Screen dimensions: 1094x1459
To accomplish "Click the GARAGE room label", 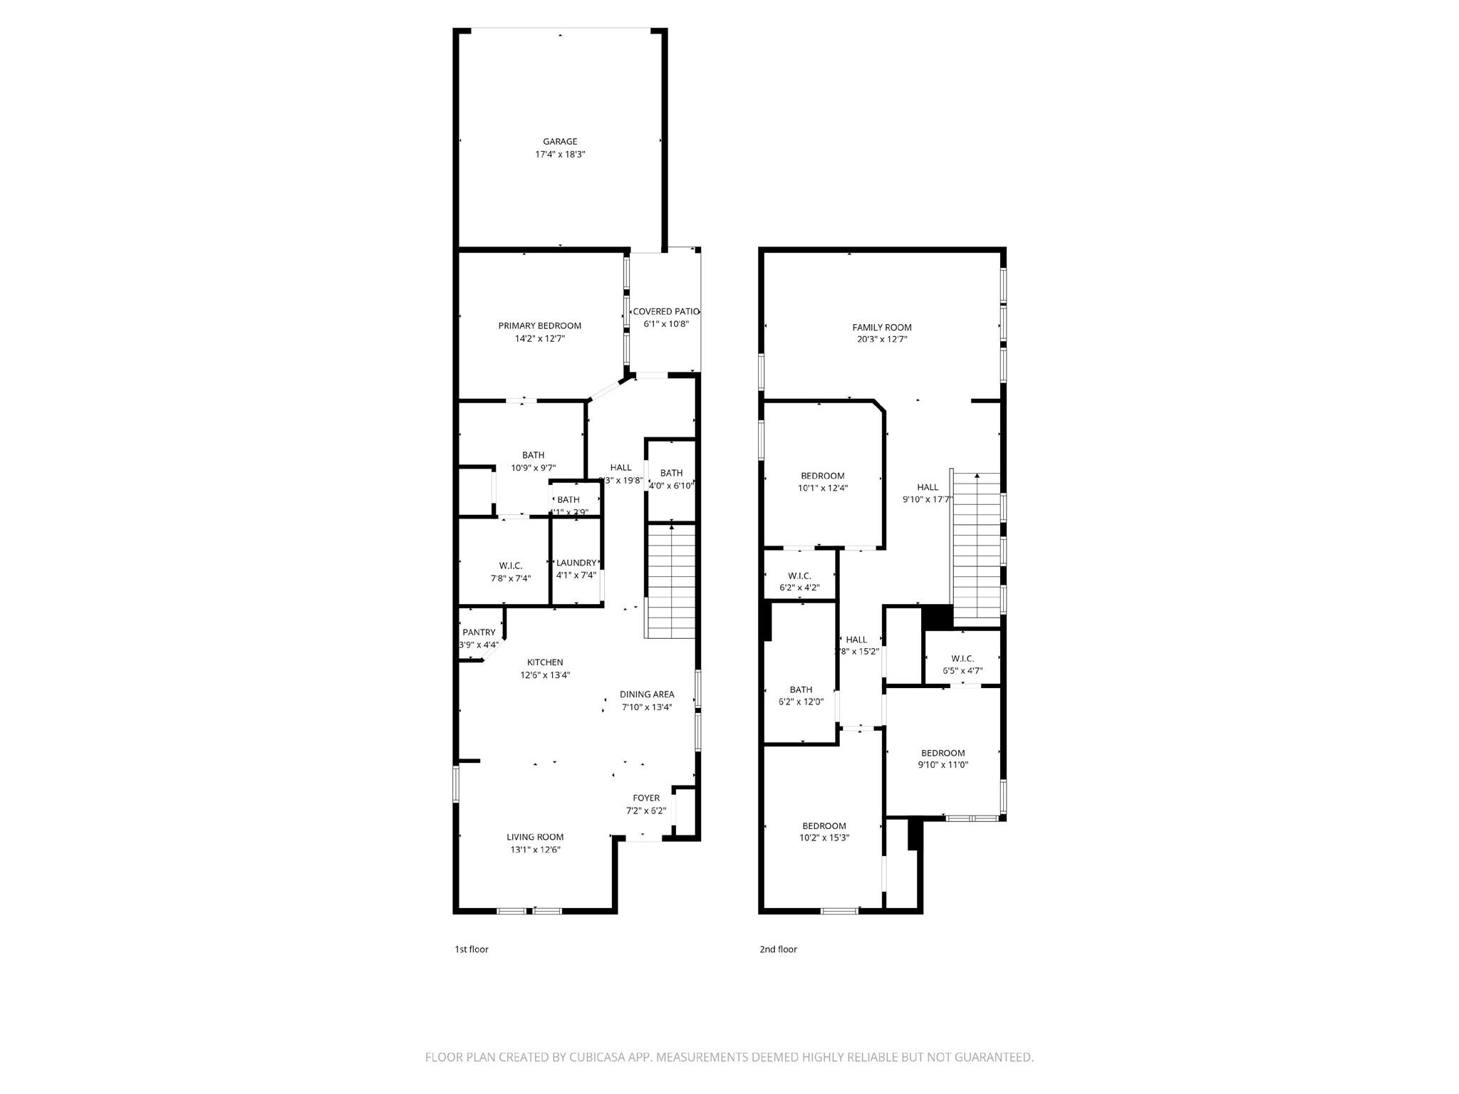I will click(x=560, y=142).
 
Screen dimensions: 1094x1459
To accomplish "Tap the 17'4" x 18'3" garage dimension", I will click(x=560, y=155).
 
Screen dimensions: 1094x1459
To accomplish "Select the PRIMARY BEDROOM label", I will click(x=539, y=326).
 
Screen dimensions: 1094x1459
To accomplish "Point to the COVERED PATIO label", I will click(x=665, y=312).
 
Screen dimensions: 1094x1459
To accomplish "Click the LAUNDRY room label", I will click(x=576, y=563).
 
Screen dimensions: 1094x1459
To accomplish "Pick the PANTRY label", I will click(x=479, y=632).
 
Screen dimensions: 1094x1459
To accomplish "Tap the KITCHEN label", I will click(x=545, y=662).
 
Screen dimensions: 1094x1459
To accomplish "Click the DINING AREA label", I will click(x=646, y=694).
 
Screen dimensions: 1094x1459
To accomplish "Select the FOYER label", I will click(x=646, y=798).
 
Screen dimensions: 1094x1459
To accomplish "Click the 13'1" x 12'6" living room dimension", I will click(x=535, y=850).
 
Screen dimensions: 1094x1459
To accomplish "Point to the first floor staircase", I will click(x=670, y=580).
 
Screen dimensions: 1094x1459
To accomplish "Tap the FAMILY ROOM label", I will click(x=882, y=328).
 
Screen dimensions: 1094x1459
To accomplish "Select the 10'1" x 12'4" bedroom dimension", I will click(x=823, y=489).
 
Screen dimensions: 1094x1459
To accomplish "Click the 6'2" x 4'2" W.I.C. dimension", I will click(x=799, y=588).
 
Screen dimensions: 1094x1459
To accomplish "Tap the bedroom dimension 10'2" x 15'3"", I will click(x=824, y=838).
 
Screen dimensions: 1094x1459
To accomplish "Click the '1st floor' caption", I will click(x=472, y=949).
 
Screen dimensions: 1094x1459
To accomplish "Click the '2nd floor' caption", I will click(x=778, y=949).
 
